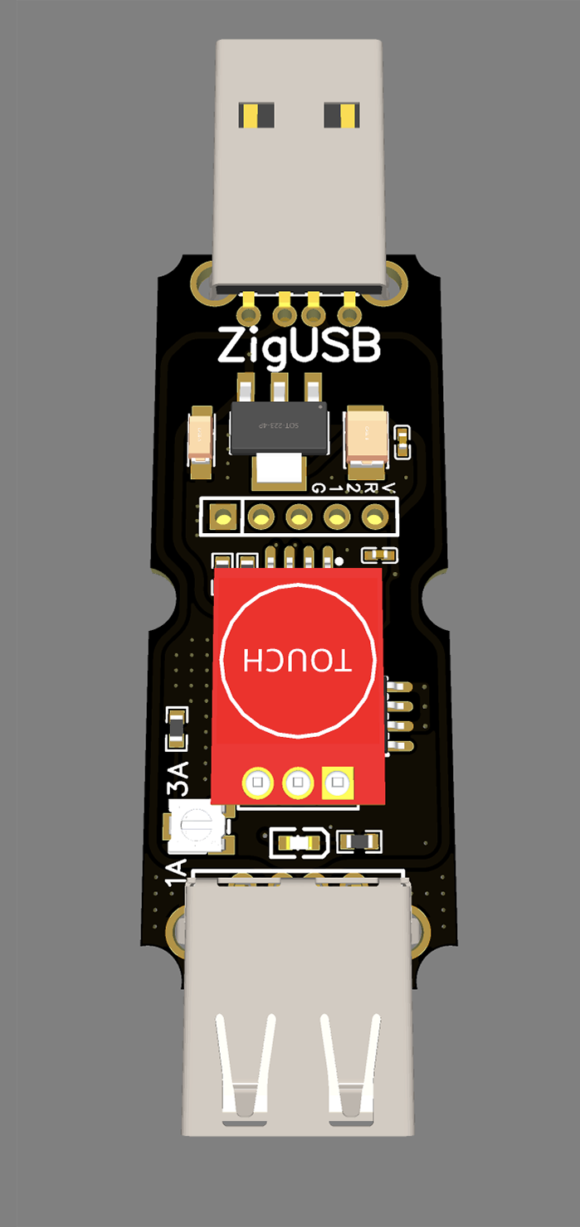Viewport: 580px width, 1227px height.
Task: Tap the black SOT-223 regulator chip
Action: point(278,427)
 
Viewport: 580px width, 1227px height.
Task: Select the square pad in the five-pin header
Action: point(222,518)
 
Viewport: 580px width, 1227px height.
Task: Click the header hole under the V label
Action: point(376,518)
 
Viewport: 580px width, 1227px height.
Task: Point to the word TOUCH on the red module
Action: point(297,659)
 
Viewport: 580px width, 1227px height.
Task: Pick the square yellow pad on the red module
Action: point(335,782)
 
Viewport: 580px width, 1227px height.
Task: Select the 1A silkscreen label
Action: point(176,874)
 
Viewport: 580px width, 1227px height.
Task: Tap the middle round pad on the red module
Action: point(296,782)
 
